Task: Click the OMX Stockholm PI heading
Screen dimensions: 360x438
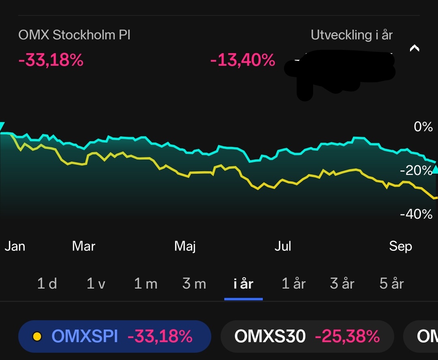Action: pyautogui.click(x=74, y=35)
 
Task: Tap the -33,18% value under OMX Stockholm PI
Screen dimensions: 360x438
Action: pyautogui.click(x=51, y=60)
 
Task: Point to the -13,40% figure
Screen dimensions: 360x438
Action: pyautogui.click(x=243, y=60)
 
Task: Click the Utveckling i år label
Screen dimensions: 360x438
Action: pyautogui.click(x=352, y=35)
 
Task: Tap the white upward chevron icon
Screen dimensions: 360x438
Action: pyautogui.click(x=414, y=48)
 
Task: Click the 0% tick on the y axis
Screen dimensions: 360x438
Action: pyautogui.click(x=423, y=127)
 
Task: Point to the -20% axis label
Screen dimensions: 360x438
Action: pyautogui.click(x=416, y=170)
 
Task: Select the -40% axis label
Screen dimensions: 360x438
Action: pyautogui.click(x=416, y=214)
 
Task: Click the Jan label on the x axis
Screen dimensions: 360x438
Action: pyautogui.click(x=15, y=246)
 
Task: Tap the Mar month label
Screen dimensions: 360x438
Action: pyautogui.click(x=84, y=246)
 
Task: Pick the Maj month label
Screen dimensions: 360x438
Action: pyautogui.click(x=185, y=246)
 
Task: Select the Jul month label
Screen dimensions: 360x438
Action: pyautogui.click(x=283, y=246)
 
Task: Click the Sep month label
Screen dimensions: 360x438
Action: pyautogui.click(x=400, y=246)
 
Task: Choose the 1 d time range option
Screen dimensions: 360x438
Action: pyautogui.click(x=47, y=284)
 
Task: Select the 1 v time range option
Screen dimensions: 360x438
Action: pyautogui.click(x=96, y=284)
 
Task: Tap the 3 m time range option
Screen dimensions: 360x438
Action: pyautogui.click(x=194, y=284)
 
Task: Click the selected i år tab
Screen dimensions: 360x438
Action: pyautogui.click(x=243, y=284)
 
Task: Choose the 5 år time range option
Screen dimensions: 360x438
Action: pyautogui.click(x=391, y=284)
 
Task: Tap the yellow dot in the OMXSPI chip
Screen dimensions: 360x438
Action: pyautogui.click(x=37, y=336)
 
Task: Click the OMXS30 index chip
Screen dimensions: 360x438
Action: pyautogui.click(x=307, y=336)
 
